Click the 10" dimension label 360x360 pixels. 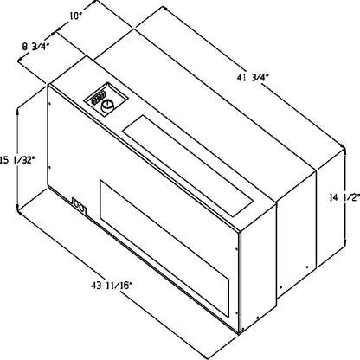click(74, 16)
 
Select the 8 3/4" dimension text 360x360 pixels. click(35, 47)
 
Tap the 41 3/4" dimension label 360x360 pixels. click(253, 78)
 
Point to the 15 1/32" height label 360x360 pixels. click(17, 160)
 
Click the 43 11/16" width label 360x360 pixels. click(112, 286)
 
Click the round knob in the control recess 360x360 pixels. click(107, 106)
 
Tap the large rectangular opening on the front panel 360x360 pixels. click(164, 247)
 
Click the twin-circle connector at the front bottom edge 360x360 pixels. click(79, 206)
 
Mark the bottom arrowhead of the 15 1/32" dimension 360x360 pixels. click(18, 209)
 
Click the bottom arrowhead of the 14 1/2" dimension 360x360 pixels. click(345, 241)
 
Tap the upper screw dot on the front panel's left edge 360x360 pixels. click(50, 103)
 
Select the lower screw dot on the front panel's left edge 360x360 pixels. click(50, 167)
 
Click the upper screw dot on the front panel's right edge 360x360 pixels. click(236, 249)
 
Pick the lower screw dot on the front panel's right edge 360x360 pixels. click(236, 312)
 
